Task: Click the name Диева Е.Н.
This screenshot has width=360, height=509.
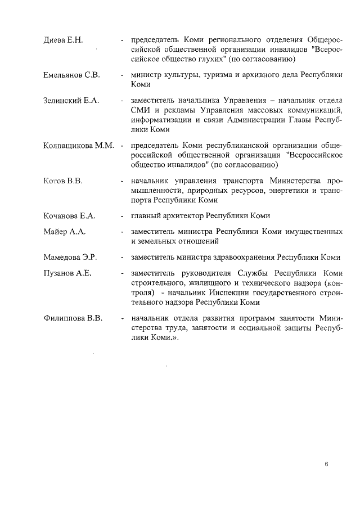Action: [x=63, y=40]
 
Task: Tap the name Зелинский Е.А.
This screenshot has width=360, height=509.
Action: [x=71, y=100]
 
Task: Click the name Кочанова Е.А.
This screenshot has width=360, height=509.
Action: [x=70, y=215]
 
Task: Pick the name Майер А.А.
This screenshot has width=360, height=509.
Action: [x=64, y=231]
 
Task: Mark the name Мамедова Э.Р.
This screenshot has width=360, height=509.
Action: [x=70, y=257]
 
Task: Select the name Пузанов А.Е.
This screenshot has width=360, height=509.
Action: [x=67, y=273]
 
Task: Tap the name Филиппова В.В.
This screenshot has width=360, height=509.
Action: [x=73, y=318]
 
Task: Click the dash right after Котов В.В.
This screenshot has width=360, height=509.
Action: [x=122, y=181]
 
